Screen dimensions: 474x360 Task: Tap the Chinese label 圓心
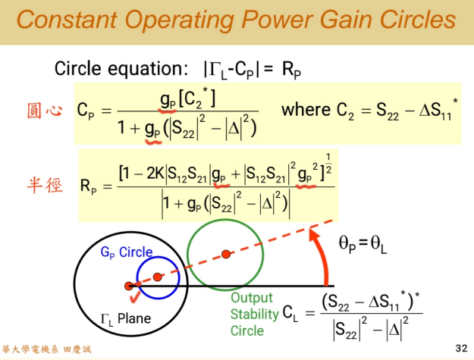click(x=44, y=111)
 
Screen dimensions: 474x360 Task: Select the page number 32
click(x=461, y=348)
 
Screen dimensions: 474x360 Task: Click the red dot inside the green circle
click(x=224, y=253)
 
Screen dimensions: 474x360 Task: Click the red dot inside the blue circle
click(x=157, y=277)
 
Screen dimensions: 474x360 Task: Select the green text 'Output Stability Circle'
click(x=251, y=314)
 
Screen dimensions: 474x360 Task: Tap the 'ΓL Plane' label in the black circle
click(x=125, y=318)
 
